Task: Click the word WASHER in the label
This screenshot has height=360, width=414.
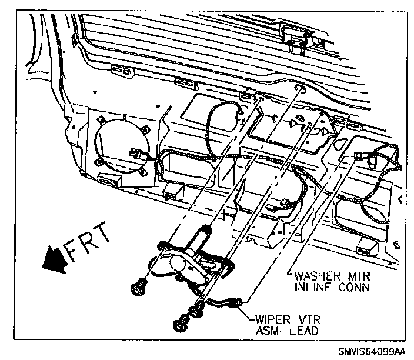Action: (310, 276)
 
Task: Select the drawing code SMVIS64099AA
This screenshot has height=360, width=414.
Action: (372, 351)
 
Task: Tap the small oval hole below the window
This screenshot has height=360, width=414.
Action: (301, 88)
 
